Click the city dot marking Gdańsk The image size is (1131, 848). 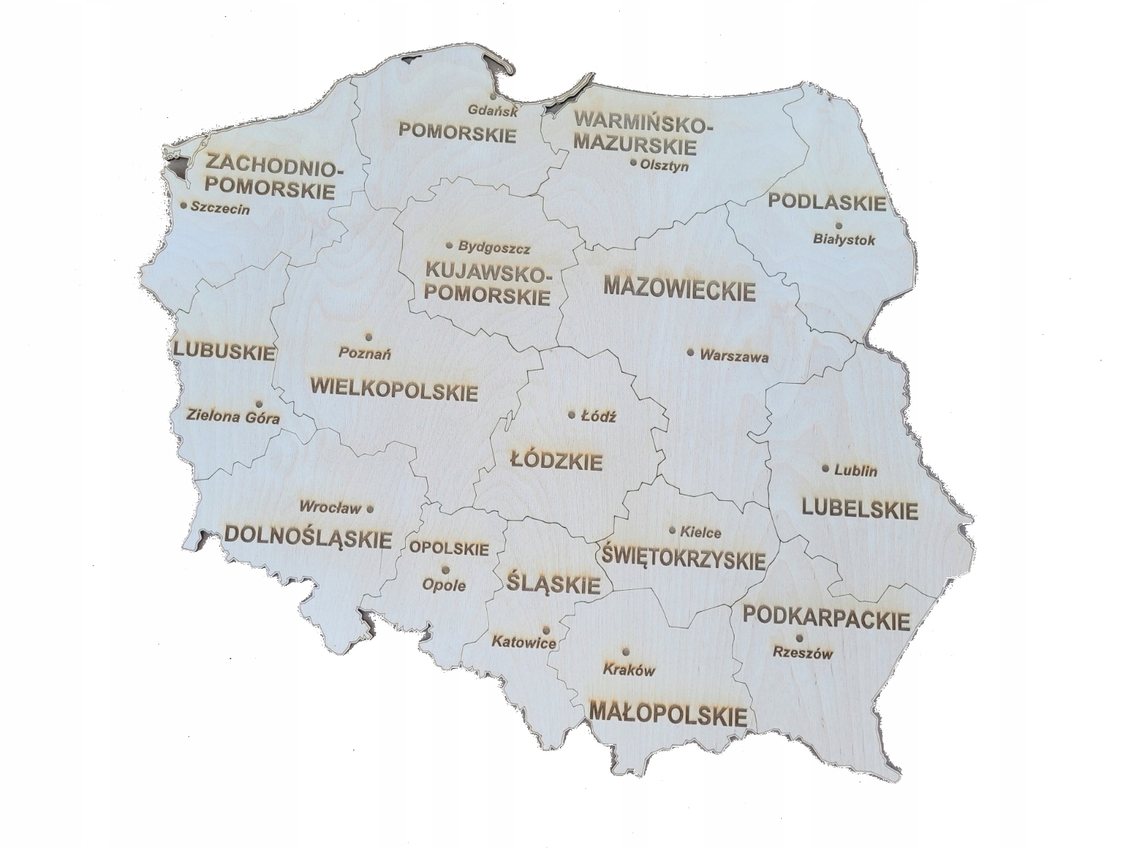(491, 96)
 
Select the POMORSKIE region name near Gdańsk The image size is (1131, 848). (457, 132)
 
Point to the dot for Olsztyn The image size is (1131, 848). (633, 162)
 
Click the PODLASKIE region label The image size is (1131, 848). (826, 202)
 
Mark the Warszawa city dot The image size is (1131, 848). (691, 352)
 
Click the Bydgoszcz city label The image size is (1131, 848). (494, 249)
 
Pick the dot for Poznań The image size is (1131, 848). (368, 336)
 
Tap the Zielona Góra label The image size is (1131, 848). (233, 417)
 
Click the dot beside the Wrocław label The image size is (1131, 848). (370, 508)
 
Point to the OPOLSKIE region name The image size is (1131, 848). (449, 548)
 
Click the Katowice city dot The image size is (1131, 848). (546, 630)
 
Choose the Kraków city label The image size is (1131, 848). (629, 671)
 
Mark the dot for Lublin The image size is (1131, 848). (825, 468)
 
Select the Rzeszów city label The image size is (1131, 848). (802, 654)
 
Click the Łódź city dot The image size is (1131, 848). (572, 415)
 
